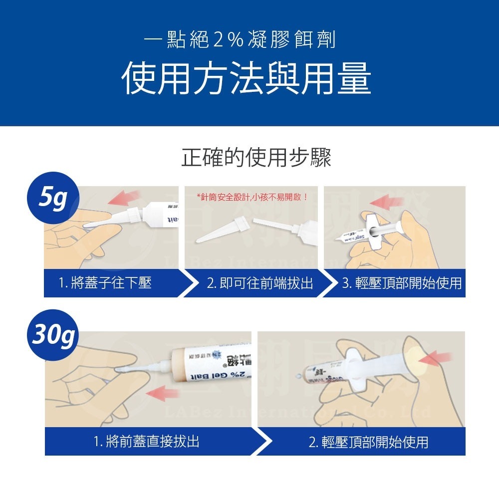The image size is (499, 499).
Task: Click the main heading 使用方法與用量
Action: click(247, 79)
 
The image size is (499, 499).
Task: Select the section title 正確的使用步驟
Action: click(256, 158)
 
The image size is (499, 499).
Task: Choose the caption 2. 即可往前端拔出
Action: click(259, 283)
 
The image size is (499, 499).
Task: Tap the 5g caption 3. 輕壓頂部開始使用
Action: click(401, 283)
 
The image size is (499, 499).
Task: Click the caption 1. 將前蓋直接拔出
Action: click(146, 442)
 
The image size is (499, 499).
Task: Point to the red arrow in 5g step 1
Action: click(125, 198)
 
